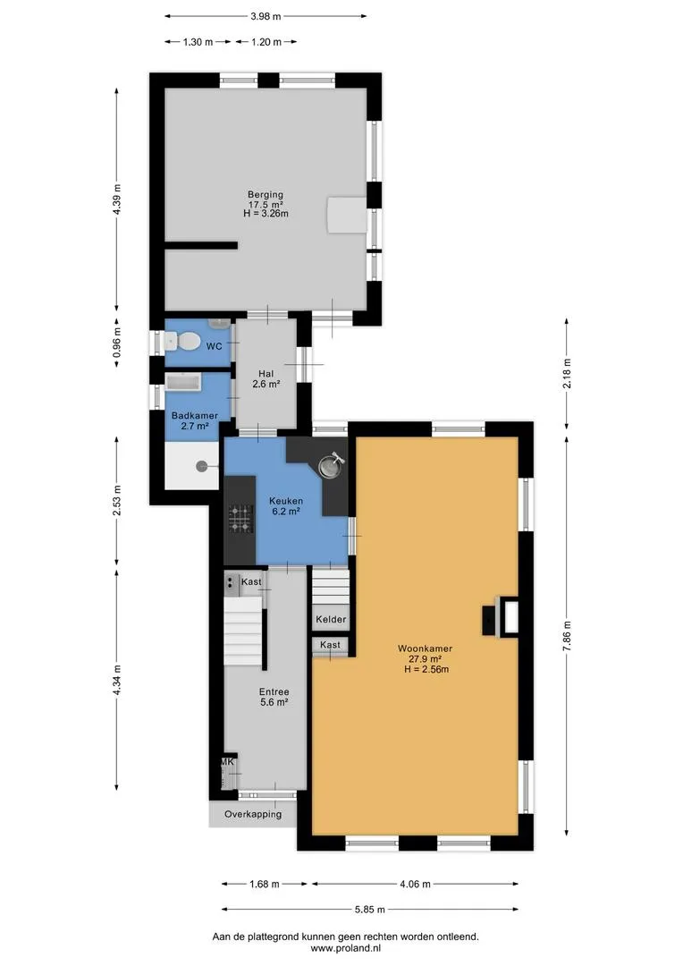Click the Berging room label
266,195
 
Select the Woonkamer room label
425,648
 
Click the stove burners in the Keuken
240,518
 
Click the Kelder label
331,619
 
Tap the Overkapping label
253,814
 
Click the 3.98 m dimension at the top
266,17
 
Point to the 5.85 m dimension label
369,910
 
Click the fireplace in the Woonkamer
500,615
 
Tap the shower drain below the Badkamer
201,466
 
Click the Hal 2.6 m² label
266,379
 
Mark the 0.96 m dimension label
118,343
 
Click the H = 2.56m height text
426,669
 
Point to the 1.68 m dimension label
265,884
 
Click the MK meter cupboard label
227,762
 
